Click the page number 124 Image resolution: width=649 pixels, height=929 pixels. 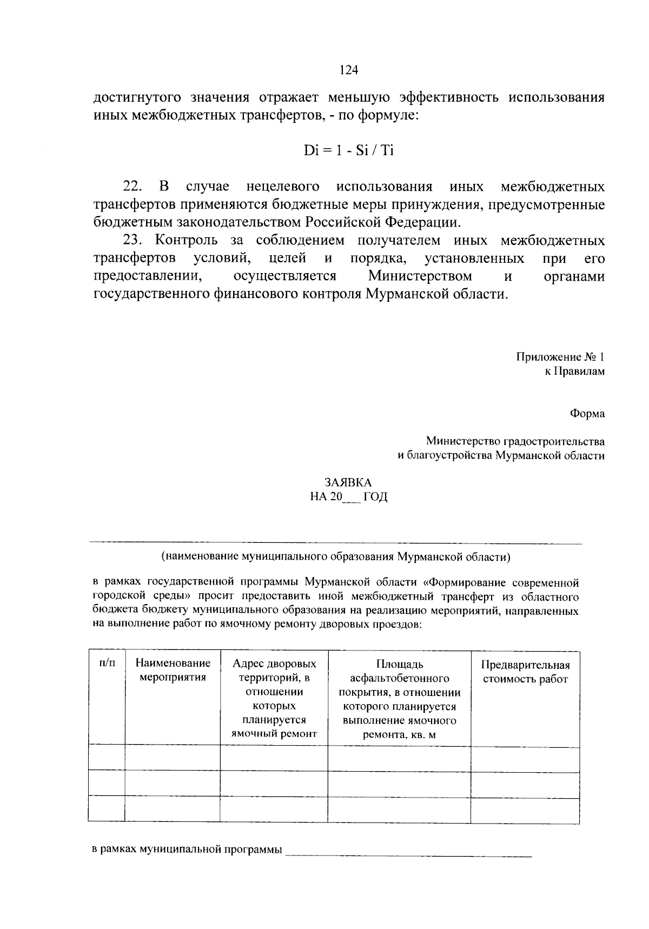tap(349, 70)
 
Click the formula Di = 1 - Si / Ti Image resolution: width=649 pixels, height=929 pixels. tap(349, 150)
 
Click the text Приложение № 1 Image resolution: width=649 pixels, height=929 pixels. tap(560, 357)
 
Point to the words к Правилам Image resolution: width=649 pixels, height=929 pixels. tap(574, 371)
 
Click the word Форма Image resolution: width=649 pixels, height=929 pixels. tap(587, 414)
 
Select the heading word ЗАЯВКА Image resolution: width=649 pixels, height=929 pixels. tap(348, 483)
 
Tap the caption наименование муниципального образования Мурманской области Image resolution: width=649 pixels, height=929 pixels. tap(335, 556)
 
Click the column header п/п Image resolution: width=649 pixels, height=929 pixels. tap(107, 663)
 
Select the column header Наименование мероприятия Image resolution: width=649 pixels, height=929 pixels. tap(173, 670)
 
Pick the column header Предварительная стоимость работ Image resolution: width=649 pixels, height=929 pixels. tap(525, 672)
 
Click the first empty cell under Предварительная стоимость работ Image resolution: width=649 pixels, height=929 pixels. tap(525, 759)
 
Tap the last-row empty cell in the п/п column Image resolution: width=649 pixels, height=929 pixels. tap(107, 809)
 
